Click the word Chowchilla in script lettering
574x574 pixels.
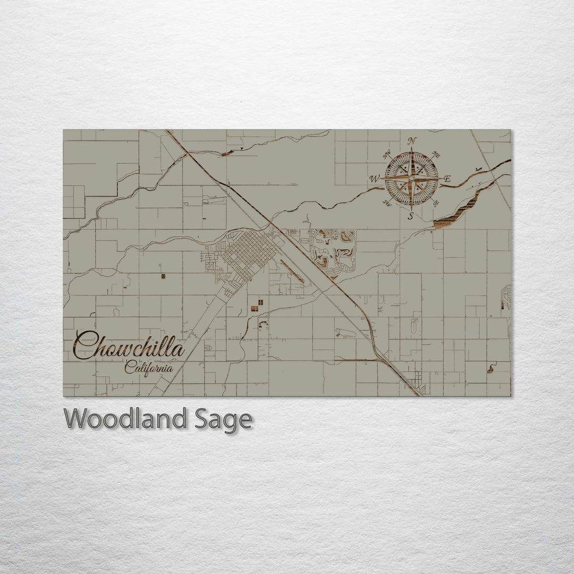click(x=129, y=347)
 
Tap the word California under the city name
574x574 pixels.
click(x=148, y=367)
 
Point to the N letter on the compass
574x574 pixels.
click(x=411, y=141)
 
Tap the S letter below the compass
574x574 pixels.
click(x=411, y=216)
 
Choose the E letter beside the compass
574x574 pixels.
click(x=447, y=179)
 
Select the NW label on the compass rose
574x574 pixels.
click(x=387, y=154)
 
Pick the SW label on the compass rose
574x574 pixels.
click(x=387, y=203)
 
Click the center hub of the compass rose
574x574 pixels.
click(x=411, y=179)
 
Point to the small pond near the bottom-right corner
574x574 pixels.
click(x=490, y=369)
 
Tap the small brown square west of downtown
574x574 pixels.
click(x=163, y=276)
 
